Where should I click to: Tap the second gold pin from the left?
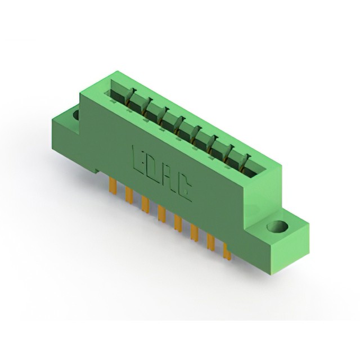click(x=129, y=195)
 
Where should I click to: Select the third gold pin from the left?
click(x=145, y=204)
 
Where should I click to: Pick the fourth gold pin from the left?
click(x=162, y=214)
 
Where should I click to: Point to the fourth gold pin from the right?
click(x=178, y=223)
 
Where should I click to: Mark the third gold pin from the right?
click(x=195, y=232)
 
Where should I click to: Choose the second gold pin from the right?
click(x=211, y=242)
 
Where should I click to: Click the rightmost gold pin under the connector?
click(x=227, y=251)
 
